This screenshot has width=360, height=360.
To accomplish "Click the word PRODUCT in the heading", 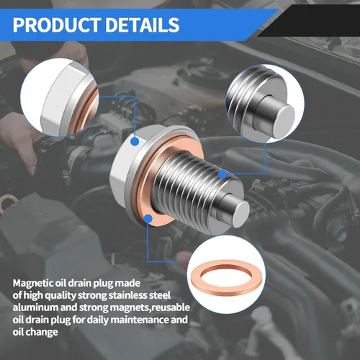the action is click(57, 24).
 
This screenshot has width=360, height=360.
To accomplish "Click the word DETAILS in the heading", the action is click(143, 24).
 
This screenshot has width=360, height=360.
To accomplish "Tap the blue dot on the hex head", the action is click(135, 142).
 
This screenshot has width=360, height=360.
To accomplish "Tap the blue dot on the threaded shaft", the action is click(222, 174).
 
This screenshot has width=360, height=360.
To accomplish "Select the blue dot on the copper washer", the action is click(148, 219).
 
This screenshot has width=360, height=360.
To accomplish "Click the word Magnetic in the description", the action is click(33, 284).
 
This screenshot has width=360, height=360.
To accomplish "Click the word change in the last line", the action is click(42, 333).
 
